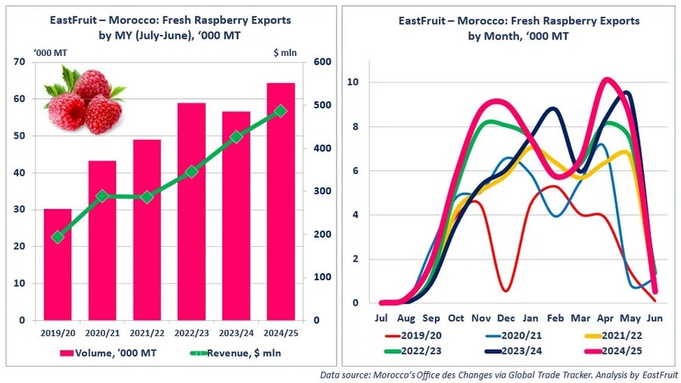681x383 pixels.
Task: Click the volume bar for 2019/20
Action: [58, 265]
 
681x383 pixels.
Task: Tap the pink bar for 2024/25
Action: [281, 227]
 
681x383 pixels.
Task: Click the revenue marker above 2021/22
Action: [147, 198]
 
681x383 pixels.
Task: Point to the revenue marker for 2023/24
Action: [236, 137]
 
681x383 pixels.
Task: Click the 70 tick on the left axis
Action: [20, 62]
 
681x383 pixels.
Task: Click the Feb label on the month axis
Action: [555, 318]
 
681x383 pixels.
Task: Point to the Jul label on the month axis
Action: [381, 318]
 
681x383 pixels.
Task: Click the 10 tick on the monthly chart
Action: [353, 82]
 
